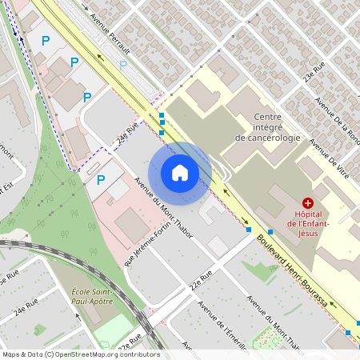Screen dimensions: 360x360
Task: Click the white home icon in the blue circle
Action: [180, 172]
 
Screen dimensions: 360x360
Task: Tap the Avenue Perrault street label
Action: [110, 31]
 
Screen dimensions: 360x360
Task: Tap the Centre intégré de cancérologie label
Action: [267, 127]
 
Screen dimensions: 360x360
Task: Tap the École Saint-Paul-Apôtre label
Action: [91, 296]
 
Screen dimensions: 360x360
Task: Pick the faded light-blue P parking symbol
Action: [122, 65]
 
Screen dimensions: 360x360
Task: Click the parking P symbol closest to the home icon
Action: [101, 180]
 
